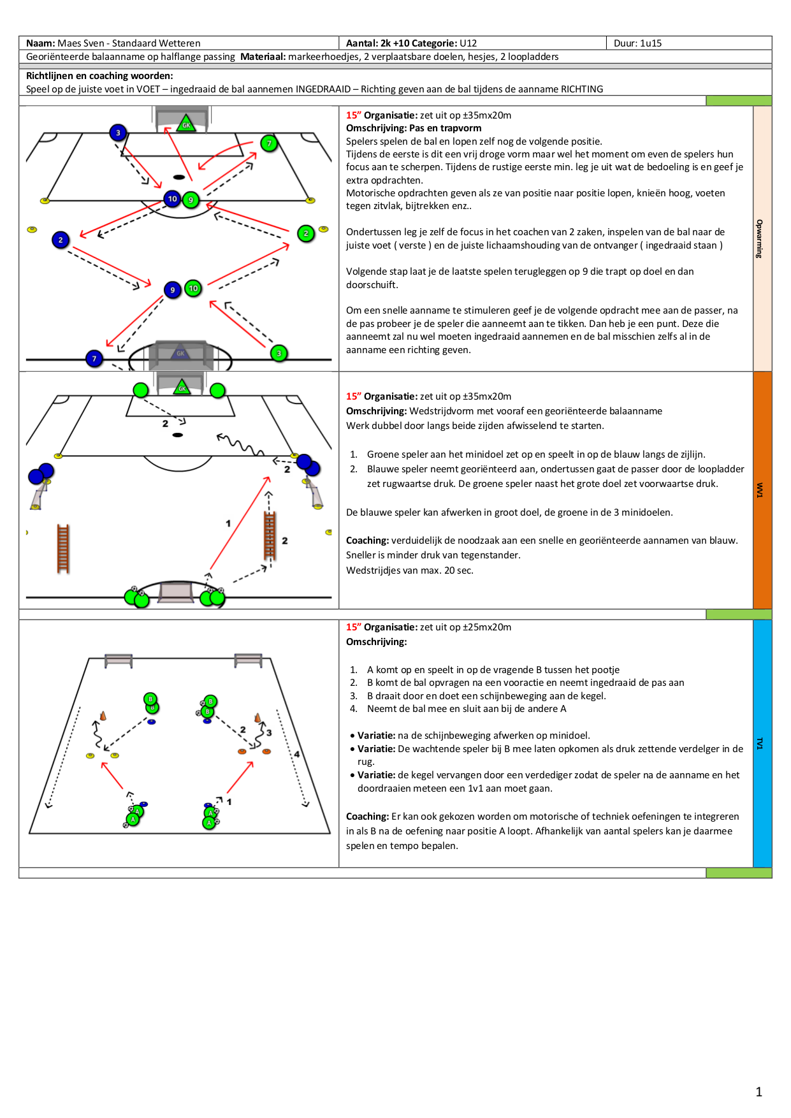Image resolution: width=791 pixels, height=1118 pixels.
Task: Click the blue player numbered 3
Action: tap(118, 133)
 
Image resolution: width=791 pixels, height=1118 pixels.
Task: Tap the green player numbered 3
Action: tap(279, 353)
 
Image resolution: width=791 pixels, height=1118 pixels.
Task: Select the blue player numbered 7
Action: tap(94, 358)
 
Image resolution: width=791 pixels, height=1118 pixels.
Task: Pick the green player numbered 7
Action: tap(269, 143)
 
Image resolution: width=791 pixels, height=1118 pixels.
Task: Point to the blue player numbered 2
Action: tap(61, 240)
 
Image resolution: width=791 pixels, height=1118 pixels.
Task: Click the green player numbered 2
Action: tap(306, 233)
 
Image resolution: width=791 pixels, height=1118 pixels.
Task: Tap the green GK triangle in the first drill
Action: tap(185, 124)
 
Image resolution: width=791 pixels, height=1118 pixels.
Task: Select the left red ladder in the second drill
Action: tap(63, 548)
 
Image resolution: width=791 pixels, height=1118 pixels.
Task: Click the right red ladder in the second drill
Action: tap(270, 535)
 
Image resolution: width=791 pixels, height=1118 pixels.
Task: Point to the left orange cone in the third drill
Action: tap(103, 716)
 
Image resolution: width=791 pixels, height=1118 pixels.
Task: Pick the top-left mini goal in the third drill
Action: tap(119, 659)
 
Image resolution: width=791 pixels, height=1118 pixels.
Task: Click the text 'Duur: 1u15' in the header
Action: tap(637, 43)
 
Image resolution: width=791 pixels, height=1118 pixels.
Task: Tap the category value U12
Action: tap(468, 43)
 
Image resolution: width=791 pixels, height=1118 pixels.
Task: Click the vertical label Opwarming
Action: tap(759, 238)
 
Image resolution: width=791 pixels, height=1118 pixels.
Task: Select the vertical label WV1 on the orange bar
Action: tap(759, 490)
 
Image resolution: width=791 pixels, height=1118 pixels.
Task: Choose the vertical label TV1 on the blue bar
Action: tap(759, 743)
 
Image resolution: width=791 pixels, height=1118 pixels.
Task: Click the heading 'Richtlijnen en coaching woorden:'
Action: tap(99, 76)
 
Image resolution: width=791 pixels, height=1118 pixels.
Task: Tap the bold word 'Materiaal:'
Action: tap(263, 57)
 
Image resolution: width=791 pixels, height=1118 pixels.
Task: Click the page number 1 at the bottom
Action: tap(758, 1092)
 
